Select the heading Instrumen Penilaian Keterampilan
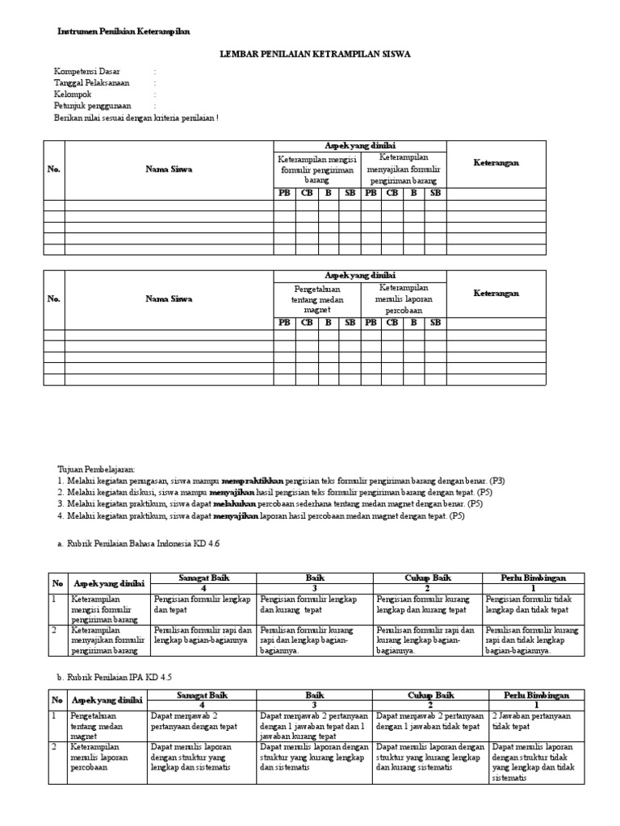click(124, 31)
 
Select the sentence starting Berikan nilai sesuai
click(136, 117)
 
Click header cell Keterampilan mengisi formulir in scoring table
click(316, 169)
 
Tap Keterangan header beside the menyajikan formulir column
click(496, 163)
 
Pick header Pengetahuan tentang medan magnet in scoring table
click(316, 299)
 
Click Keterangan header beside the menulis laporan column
click(496, 294)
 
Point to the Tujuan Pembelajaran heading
click(97, 468)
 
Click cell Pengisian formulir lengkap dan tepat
click(200, 604)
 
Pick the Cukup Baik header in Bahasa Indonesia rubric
click(427, 578)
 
